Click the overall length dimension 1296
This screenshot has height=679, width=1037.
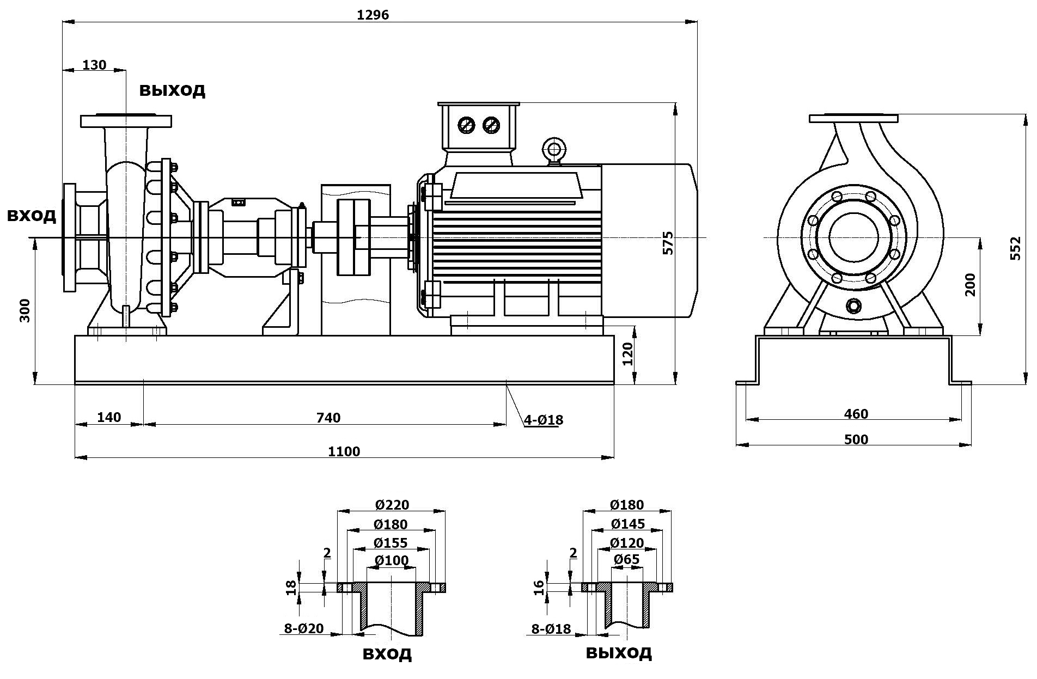click(x=373, y=15)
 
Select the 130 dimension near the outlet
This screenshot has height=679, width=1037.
click(x=94, y=65)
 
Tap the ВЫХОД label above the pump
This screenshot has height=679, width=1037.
click(x=172, y=90)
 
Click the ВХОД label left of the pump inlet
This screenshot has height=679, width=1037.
click(x=31, y=216)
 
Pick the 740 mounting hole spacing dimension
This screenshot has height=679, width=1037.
click(x=328, y=418)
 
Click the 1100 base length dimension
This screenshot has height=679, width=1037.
click(x=344, y=451)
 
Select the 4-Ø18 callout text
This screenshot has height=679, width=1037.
click(x=543, y=420)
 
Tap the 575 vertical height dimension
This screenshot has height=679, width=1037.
click(x=668, y=243)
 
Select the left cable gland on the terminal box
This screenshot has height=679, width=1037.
click(x=467, y=125)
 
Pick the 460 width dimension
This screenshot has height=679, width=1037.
click(x=856, y=414)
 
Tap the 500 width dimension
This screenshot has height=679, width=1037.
click(x=856, y=439)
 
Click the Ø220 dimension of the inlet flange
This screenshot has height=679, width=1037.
click(x=392, y=505)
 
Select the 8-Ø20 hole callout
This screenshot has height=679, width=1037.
click(x=304, y=628)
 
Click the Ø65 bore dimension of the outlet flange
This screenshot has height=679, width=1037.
click(x=626, y=559)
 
